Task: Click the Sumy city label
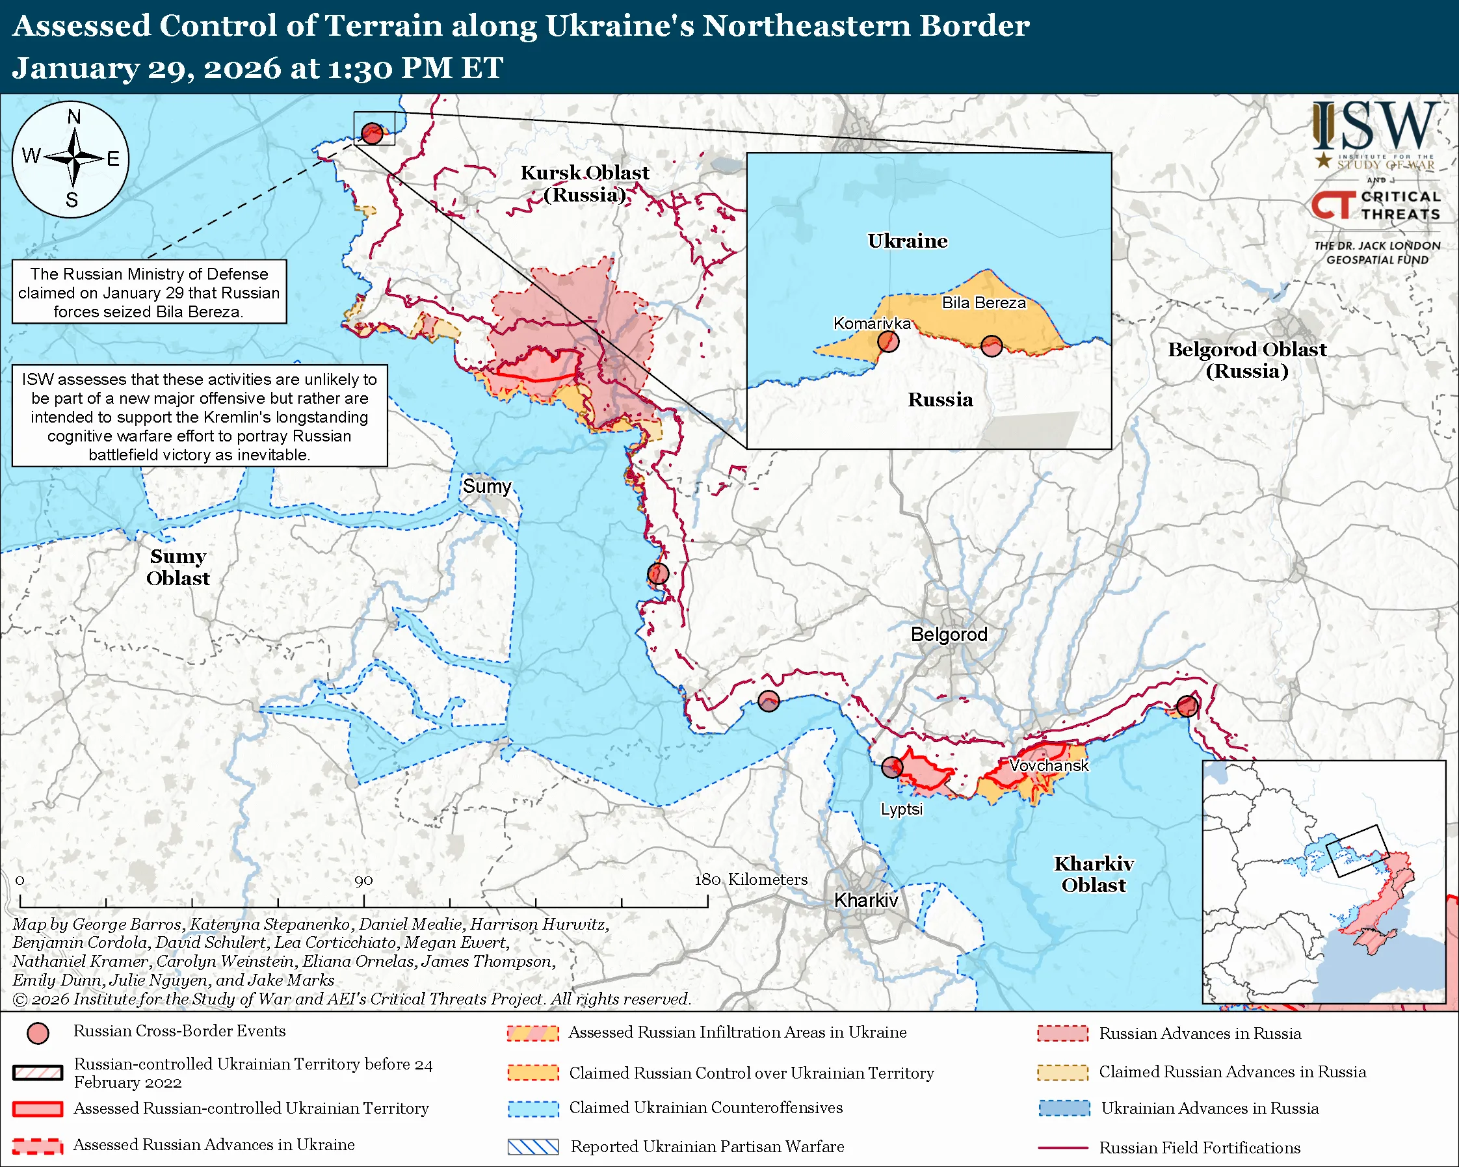[486, 486]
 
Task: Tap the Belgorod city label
[949, 634]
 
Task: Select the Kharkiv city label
[865, 900]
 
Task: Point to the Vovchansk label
[1048, 765]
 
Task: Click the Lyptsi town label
[900, 809]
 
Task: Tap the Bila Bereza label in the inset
[983, 302]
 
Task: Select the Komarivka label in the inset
[872, 323]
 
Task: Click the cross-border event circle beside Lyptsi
[892, 767]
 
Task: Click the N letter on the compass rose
[73, 117]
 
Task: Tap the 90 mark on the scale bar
[363, 880]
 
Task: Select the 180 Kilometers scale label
[750, 879]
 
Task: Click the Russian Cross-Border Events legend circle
[38, 1033]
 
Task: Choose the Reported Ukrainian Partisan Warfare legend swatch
[532, 1147]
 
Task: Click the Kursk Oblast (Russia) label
[584, 183]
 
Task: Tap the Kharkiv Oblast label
[1094, 874]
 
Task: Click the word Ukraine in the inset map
[907, 241]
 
